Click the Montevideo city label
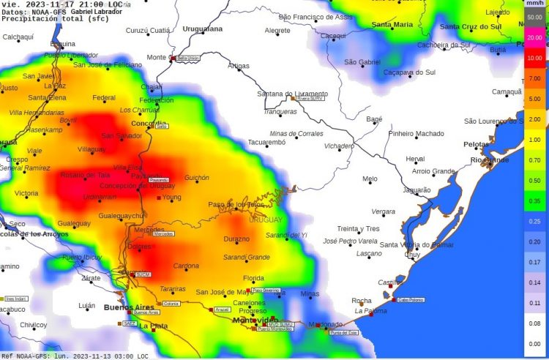pyautogui.click(x=254, y=320)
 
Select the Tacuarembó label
pyautogui.click(x=266, y=143)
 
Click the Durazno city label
pyautogui.click(x=236, y=239)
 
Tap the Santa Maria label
pyautogui.click(x=392, y=24)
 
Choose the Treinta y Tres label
pyautogui.click(x=358, y=228)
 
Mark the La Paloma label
pyautogui.click(x=370, y=310)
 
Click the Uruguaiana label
pyautogui.click(x=202, y=29)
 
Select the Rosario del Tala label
pyautogui.click(x=84, y=174)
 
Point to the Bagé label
pyautogui.click(x=374, y=119)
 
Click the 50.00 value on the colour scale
pyautogui.click(x=535, y=15)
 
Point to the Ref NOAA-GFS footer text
pyautogui.click(x=73, y=356)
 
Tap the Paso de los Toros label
pyautogui.click(x=236, y=204)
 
